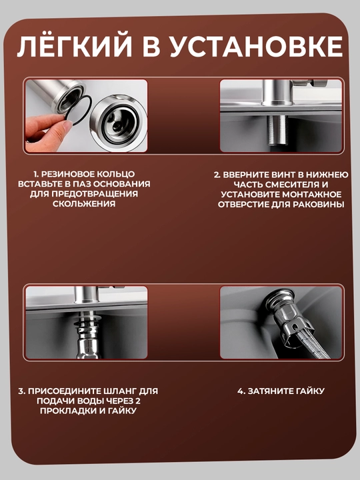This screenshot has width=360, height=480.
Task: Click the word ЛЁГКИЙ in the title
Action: coord(74,46)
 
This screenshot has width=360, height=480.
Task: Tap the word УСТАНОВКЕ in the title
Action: coord(256,47)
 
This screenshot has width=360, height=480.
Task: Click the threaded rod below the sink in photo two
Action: coord(278,130)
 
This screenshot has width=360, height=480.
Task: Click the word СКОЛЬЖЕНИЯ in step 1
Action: coord(84,204)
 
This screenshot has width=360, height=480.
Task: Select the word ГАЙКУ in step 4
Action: coord(309,391)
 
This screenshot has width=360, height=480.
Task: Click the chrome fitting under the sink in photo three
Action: coord(87,337)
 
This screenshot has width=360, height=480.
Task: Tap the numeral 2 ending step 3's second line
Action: coord(138,401)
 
